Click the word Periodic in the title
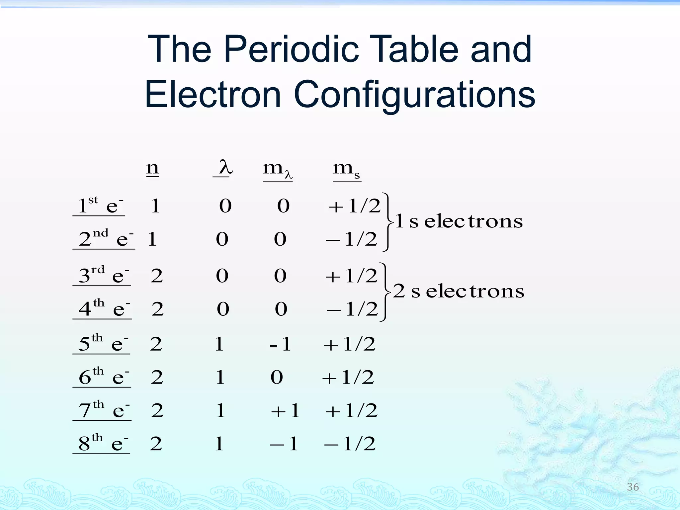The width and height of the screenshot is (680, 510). click(291, 50)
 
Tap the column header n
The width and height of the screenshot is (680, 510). click(152, 168)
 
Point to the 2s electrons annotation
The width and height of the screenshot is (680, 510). click(458, 291)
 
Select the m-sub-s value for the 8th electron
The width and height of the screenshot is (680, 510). click(350, 443)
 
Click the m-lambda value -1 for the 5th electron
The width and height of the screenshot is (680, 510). click(281, 344)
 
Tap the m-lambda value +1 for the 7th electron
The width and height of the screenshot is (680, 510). click(286, 410)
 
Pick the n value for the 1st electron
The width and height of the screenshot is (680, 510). click(155, 206)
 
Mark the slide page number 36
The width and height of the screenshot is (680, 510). click(633, 487)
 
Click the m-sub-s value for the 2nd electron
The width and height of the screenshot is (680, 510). click(352, 239)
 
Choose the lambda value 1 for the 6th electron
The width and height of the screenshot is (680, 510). click(220, 377)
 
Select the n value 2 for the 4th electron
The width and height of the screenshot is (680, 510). click(157, 309)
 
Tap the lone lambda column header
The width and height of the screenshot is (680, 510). click(225, 168)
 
